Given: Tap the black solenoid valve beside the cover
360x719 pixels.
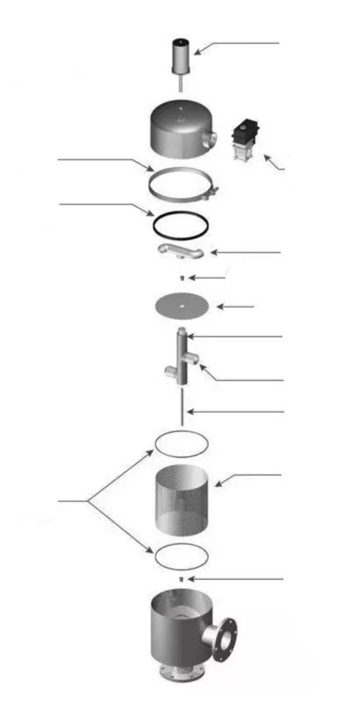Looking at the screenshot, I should coord(246,140).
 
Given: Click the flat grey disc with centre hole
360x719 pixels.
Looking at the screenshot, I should coord(181,306).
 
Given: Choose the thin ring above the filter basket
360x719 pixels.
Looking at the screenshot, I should coord(180,442).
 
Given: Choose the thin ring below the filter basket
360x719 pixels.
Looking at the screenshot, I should coord(180,555).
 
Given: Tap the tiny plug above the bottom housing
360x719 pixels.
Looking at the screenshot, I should coord(181,579).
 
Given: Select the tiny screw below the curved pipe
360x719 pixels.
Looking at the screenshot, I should coord(182,278).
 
